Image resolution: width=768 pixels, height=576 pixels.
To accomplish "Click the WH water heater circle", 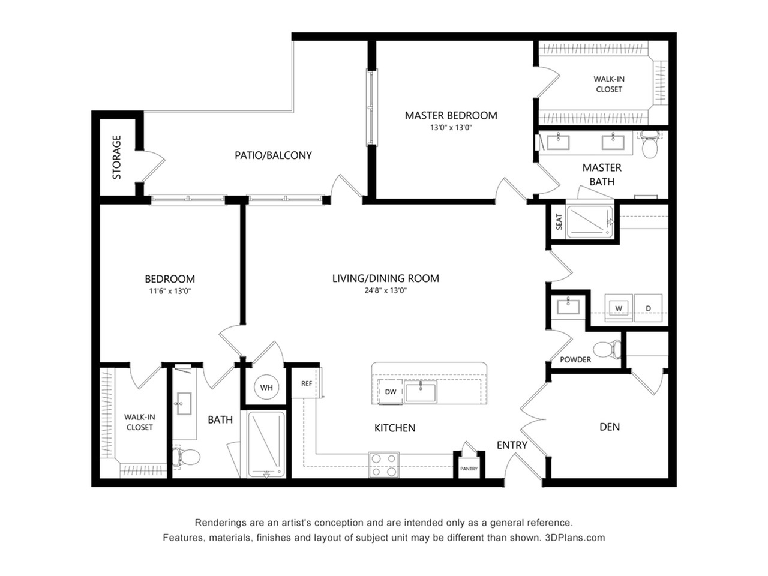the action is tap(266, 387).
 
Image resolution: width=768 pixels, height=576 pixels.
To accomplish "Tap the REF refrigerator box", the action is tap(307, 383).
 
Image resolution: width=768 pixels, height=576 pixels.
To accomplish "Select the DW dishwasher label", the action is tap(390, 392).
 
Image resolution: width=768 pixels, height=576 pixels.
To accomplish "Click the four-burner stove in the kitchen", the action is tap(383, 465).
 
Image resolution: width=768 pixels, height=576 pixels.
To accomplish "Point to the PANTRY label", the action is tap(469, 469).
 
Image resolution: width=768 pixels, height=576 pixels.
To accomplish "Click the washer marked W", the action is tap(619, 308).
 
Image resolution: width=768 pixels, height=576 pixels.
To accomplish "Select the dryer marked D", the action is tap(648, 308).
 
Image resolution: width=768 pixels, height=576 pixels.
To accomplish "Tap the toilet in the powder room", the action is tap(607, 349).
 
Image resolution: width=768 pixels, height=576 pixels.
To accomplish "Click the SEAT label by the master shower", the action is tap(559, 222).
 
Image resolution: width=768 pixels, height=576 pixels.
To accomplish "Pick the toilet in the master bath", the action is tap(650, 145).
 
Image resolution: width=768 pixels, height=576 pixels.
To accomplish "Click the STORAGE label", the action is tap(116, 157).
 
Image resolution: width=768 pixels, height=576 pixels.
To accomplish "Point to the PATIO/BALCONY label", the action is tap(273, 155).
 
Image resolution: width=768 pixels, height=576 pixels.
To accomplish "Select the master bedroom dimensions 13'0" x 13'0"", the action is tap(451, 128).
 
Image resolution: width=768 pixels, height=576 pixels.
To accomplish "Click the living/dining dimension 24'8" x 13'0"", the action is tap(386, 290).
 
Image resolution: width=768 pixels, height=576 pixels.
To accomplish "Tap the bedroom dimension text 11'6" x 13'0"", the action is tap(170, 291).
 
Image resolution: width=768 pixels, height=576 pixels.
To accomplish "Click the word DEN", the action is tap(610, 427).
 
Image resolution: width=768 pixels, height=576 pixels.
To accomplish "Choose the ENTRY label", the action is tap(512, 445).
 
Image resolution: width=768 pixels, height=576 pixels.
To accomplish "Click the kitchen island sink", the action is tap(421, 392).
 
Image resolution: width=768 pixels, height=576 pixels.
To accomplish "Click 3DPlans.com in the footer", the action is tap(575, 538).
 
